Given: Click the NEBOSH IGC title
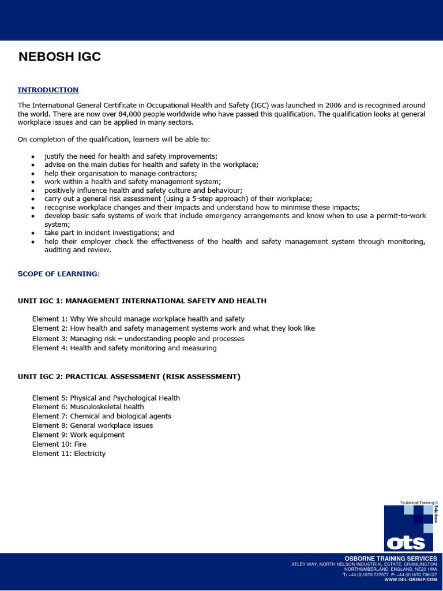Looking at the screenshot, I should click(x=59, y=57).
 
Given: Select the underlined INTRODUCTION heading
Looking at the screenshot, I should click(x=48, y=90).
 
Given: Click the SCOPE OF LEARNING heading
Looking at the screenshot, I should click(x=59, y=274).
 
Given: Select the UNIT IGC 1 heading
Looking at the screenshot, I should click(x=142, y=301).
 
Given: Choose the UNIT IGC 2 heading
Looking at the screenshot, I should click(x=129, y=376).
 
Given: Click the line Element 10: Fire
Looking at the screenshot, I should click(x=59, y=444).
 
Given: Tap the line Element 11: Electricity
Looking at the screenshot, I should click(x=69, y=454).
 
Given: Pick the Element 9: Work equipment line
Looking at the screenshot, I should click(x=78, y=435).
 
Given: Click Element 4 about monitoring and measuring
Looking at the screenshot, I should click(x=124, y=348).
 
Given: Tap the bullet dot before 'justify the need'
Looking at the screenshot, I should click(x=33, y=157).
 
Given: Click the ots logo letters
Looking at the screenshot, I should click(x=406, y=543).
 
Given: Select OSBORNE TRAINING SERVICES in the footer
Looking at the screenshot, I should click(x=391, y=559).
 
